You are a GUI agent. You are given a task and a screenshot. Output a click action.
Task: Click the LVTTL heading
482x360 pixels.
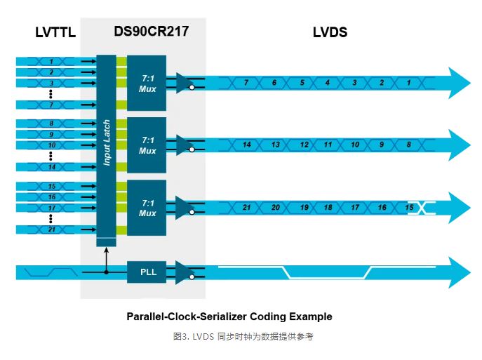(x=55, y=33)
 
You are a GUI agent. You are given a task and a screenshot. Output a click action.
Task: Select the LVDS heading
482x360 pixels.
(x=330, y=33)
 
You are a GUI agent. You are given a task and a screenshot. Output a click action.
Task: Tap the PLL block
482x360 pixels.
(x=147, y=272)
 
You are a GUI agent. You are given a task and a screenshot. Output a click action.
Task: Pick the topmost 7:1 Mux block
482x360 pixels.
(x=147, y=83)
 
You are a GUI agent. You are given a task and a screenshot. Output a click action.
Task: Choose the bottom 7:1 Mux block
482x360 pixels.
(x=147, y=207)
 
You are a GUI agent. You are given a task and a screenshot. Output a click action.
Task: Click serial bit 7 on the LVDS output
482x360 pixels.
(x=246, y=83)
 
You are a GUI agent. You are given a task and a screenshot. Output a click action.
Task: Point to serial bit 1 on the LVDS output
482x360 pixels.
(x=408, y=83)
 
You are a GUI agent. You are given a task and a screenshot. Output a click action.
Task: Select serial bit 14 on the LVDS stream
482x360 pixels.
(x=246, y=145)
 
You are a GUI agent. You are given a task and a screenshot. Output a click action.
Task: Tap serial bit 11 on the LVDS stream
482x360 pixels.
(x=328, y=145)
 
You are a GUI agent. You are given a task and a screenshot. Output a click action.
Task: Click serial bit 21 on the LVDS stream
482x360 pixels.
(x=246, y=207)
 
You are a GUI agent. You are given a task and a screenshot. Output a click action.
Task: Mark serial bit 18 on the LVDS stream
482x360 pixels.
(x=328, y=207)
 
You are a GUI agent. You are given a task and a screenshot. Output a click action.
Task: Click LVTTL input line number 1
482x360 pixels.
(x=51, y=62)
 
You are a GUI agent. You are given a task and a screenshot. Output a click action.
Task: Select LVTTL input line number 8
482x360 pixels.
(x=51, y=124)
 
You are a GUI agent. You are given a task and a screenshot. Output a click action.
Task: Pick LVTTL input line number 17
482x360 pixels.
(x=51, y=208)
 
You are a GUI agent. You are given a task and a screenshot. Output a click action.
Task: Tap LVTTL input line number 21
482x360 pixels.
(x=51, y=229)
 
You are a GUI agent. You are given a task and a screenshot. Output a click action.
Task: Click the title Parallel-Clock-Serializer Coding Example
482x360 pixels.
(x=229, y=316)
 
